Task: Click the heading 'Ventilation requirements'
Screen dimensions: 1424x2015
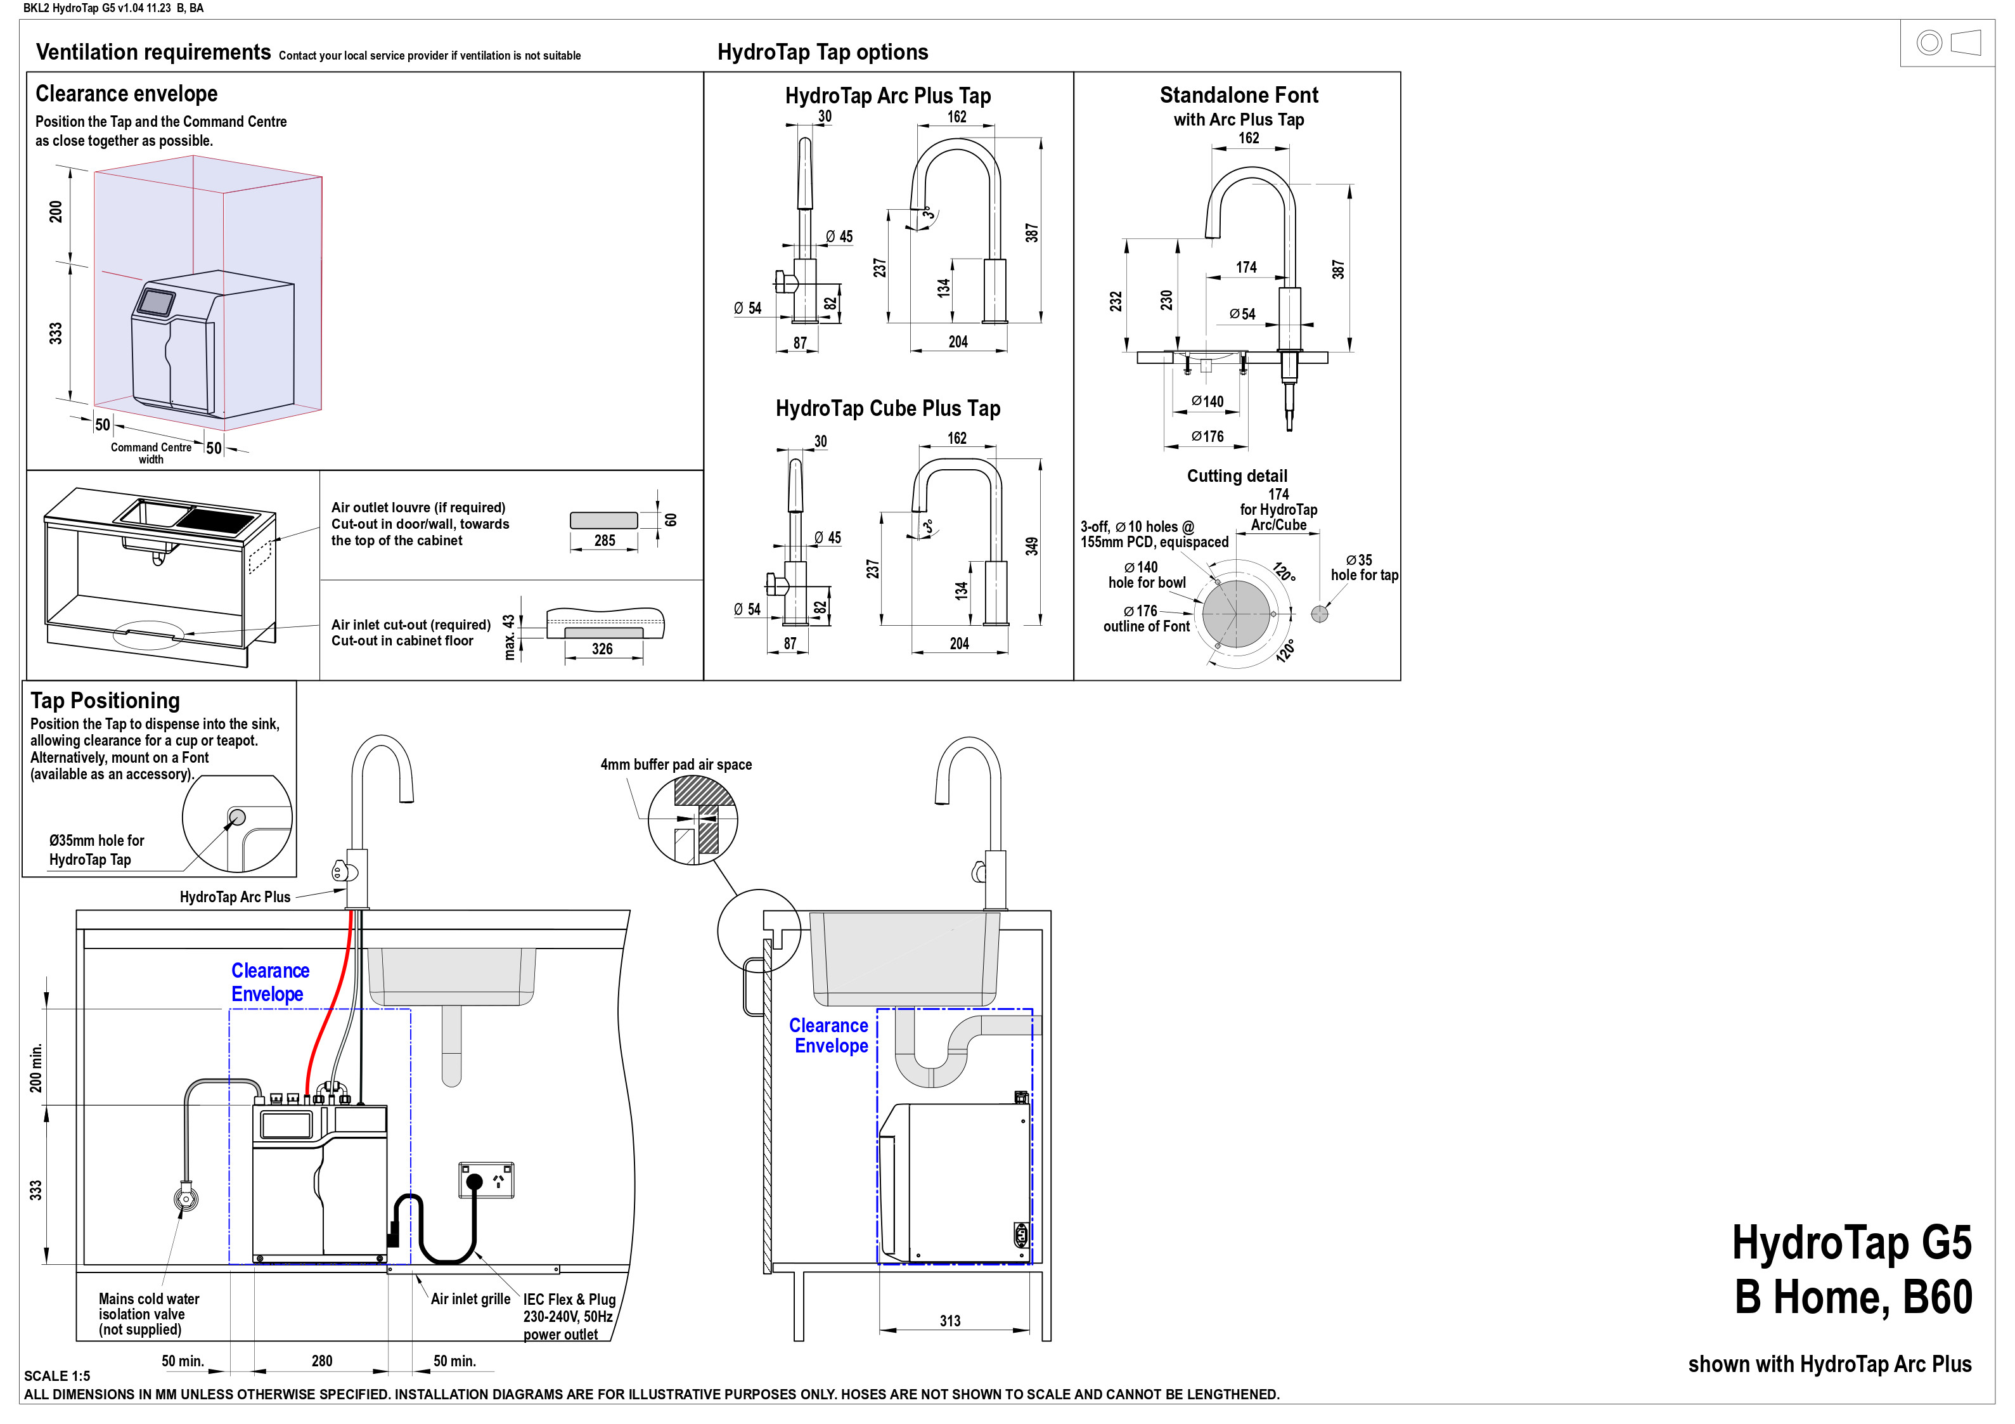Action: [153, 53]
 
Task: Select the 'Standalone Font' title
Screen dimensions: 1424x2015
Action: [1239, 95]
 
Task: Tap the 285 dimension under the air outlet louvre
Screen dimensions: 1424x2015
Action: [605, 541]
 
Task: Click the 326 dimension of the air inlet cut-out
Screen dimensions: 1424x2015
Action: [602, 649]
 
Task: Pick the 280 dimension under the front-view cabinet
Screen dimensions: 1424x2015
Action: [322, 1361]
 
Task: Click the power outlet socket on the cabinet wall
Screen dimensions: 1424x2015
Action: [486, 1181]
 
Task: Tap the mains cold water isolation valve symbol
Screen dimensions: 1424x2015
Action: [185, 1198]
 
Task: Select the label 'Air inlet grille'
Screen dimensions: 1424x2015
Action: [470, 1298]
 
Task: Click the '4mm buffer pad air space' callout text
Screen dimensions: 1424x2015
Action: [676, 765]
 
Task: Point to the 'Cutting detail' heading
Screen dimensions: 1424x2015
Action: [1237, 476]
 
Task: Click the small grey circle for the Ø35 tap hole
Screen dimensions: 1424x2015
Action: [1319, 614]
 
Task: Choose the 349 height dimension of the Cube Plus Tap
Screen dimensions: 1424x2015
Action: [1032, 546]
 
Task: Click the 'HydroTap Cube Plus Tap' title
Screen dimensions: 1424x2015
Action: [887, 408]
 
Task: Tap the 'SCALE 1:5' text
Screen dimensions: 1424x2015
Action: [57, 1376]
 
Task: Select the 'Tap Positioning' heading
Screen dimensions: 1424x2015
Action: [105, 701]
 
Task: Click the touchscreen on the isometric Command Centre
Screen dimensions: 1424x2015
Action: [156, 302]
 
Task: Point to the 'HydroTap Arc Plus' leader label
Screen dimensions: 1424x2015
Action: [235, 897]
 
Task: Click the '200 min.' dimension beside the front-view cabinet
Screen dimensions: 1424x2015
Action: [36, 1068]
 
